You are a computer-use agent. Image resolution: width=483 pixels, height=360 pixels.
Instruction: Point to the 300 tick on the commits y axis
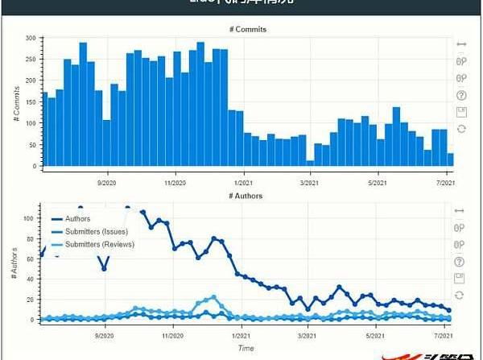pyautogui.click(x=31, y=38)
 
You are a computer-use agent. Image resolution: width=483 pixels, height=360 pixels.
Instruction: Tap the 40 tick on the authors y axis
pyautogui.click(x=32, y=279)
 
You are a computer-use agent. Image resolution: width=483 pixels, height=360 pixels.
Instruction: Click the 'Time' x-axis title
pyautogui.click(x=246, y=348)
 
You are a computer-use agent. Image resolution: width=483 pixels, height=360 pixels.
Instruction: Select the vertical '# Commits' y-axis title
pyautogui.click(x=16, y=101)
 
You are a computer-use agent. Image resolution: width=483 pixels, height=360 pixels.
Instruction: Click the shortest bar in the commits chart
pyautogui.click(x=310, y=163)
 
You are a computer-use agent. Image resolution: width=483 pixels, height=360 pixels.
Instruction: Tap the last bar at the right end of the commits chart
pyautogui.click(x=450, y=159)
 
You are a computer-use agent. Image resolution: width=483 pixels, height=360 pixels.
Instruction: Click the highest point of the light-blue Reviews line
pyautogui.click(x=213, y=297)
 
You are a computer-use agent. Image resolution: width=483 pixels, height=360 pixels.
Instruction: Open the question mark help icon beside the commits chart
pyautogui.click(x=461, y=94)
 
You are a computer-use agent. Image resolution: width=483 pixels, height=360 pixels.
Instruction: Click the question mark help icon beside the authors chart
pyautogui.click(x=460, y=262)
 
